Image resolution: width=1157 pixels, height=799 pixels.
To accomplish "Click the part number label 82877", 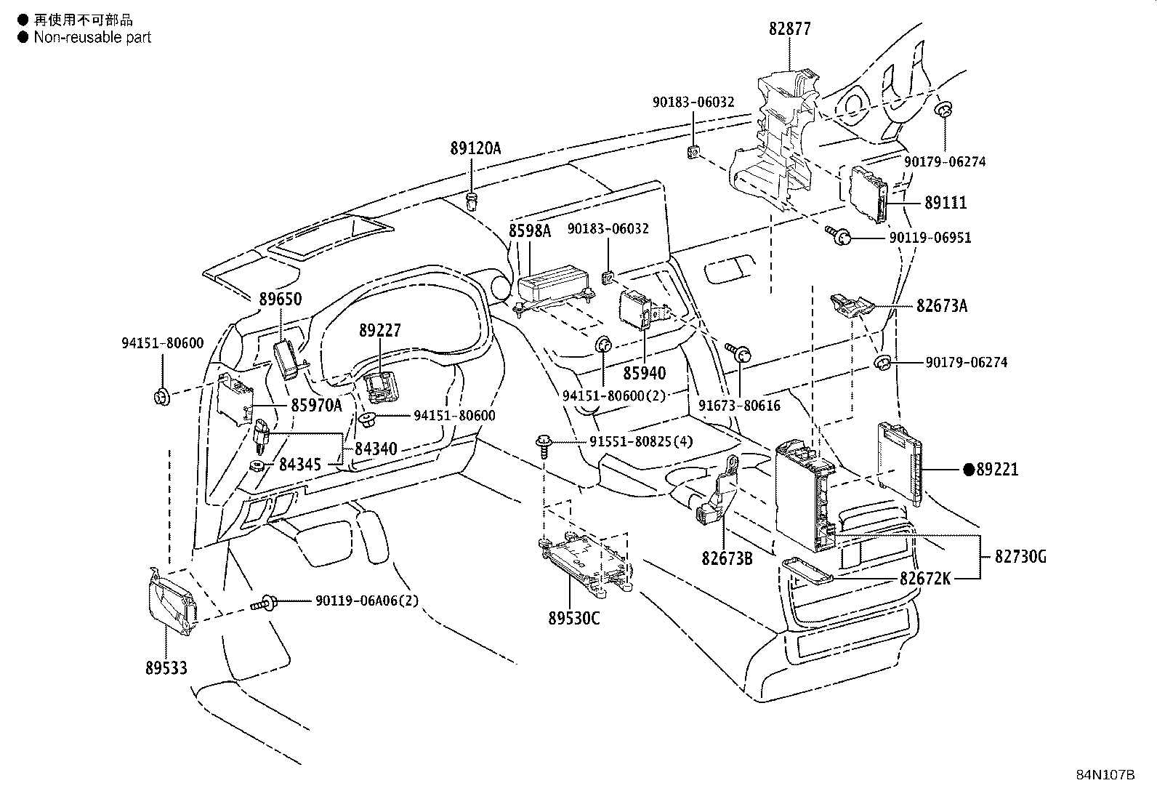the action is click(790, 28).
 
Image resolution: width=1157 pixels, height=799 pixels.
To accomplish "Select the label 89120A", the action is click(475, 148).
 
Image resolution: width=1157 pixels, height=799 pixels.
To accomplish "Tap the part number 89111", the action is click(946, 203).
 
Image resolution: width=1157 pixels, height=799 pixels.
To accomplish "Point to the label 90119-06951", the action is click(930, 238).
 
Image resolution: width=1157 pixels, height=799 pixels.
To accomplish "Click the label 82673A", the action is click(942, 305).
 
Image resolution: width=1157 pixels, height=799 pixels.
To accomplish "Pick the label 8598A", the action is click(529, 231).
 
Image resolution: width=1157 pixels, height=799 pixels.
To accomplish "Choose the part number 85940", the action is click(644, 373).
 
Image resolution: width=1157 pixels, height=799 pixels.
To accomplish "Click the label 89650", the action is click(280, 299).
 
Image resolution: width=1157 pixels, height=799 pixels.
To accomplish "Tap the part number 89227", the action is click(380, 330).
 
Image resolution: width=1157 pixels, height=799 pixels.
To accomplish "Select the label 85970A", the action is click(316, 405).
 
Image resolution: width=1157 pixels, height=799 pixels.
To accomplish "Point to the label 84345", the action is click(300, 465).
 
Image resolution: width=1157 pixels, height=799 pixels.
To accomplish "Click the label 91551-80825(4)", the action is click(641, 442).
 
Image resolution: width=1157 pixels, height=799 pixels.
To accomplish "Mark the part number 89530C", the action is click(574, 618).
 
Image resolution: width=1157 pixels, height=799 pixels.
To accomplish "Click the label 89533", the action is click(166, 667).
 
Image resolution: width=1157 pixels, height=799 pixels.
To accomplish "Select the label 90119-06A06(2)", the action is click(367, 601).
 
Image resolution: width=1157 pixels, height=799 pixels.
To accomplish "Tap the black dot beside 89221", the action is click(969, 469).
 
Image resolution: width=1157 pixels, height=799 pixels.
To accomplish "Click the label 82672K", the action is click(925, 578).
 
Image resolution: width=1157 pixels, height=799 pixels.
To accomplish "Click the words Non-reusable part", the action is click(92, 37).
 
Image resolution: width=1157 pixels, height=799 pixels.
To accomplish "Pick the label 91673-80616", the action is click(739, 406).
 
